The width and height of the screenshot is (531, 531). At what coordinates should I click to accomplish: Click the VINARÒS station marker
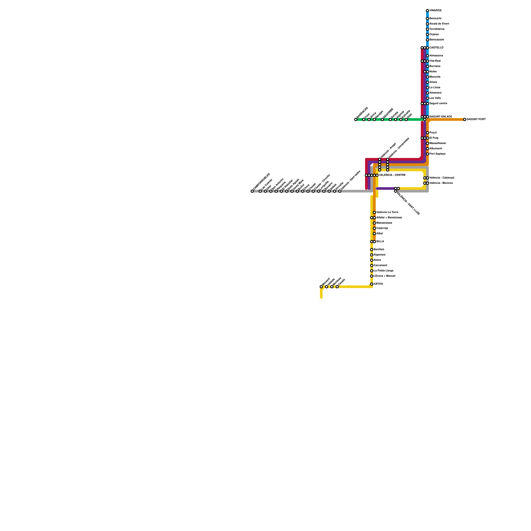[x=427, y=11]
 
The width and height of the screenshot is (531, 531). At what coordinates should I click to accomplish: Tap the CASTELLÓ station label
[x=436, y=48]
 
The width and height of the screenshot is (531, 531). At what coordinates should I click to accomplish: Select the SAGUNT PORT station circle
[x=465, y=119]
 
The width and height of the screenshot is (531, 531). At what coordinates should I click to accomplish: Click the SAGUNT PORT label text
[x=476, y=119]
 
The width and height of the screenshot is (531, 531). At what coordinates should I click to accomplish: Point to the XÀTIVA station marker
[x=372, y=284]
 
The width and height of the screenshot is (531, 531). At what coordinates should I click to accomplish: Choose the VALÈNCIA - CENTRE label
[x=392, y=175]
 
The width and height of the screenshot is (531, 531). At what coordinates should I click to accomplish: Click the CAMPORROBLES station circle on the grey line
[x=252, y=191]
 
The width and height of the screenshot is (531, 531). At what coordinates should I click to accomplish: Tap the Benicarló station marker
[x=427, y=19]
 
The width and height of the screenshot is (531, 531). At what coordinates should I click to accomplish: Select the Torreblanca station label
[x=437, y=29]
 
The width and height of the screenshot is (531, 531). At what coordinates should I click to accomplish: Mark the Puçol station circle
[x=427, y=133]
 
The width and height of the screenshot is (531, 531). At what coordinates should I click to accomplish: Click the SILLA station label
[x=380, y=242]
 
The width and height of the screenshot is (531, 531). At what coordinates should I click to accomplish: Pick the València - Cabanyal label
[x=442, y=178]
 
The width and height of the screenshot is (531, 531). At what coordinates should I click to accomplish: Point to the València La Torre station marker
[x=374, y=212]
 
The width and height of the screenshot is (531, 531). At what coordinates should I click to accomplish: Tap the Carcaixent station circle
[x=372, y=265]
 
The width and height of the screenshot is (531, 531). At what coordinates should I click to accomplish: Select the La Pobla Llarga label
[x=384, y=271]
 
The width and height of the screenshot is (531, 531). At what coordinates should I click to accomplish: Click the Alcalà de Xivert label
[x=439, y=24]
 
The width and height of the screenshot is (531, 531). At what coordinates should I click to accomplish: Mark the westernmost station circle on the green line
[x=356, y=119]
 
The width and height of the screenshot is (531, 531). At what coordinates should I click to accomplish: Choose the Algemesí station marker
[x=372, y=255]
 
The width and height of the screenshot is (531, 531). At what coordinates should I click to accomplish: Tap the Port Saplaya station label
[x=437, y=154]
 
